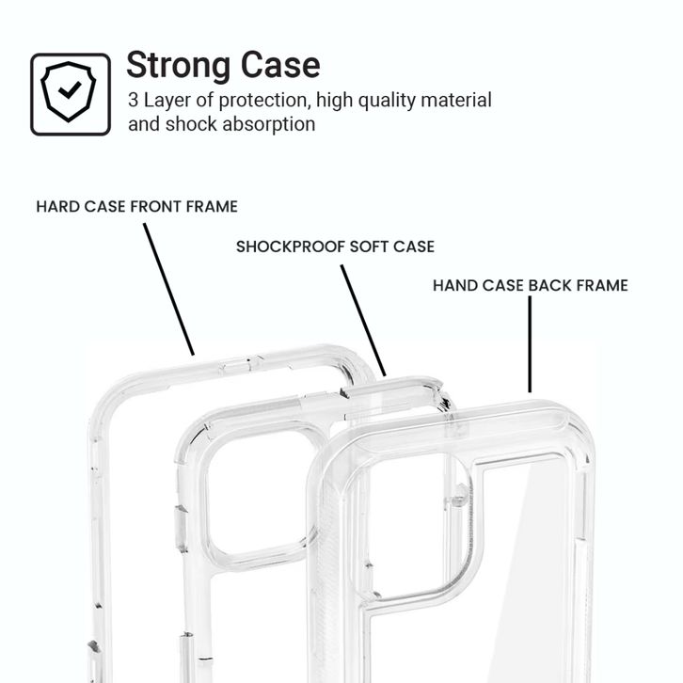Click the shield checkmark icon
click(x=71, y=94)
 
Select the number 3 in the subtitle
click(x=134, y=100)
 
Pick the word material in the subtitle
click(x=455, y=100)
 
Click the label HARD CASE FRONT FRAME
click(x=136, y=206)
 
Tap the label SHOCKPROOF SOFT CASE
click(x=335, y=246)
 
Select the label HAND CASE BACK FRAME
click(x=530, y=285)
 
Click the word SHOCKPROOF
click(x=291, y=246)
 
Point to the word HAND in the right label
click(x=453, y=285)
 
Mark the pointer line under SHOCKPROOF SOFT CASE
click(x=363, y=320)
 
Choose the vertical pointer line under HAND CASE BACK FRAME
click(x=530, y=344)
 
